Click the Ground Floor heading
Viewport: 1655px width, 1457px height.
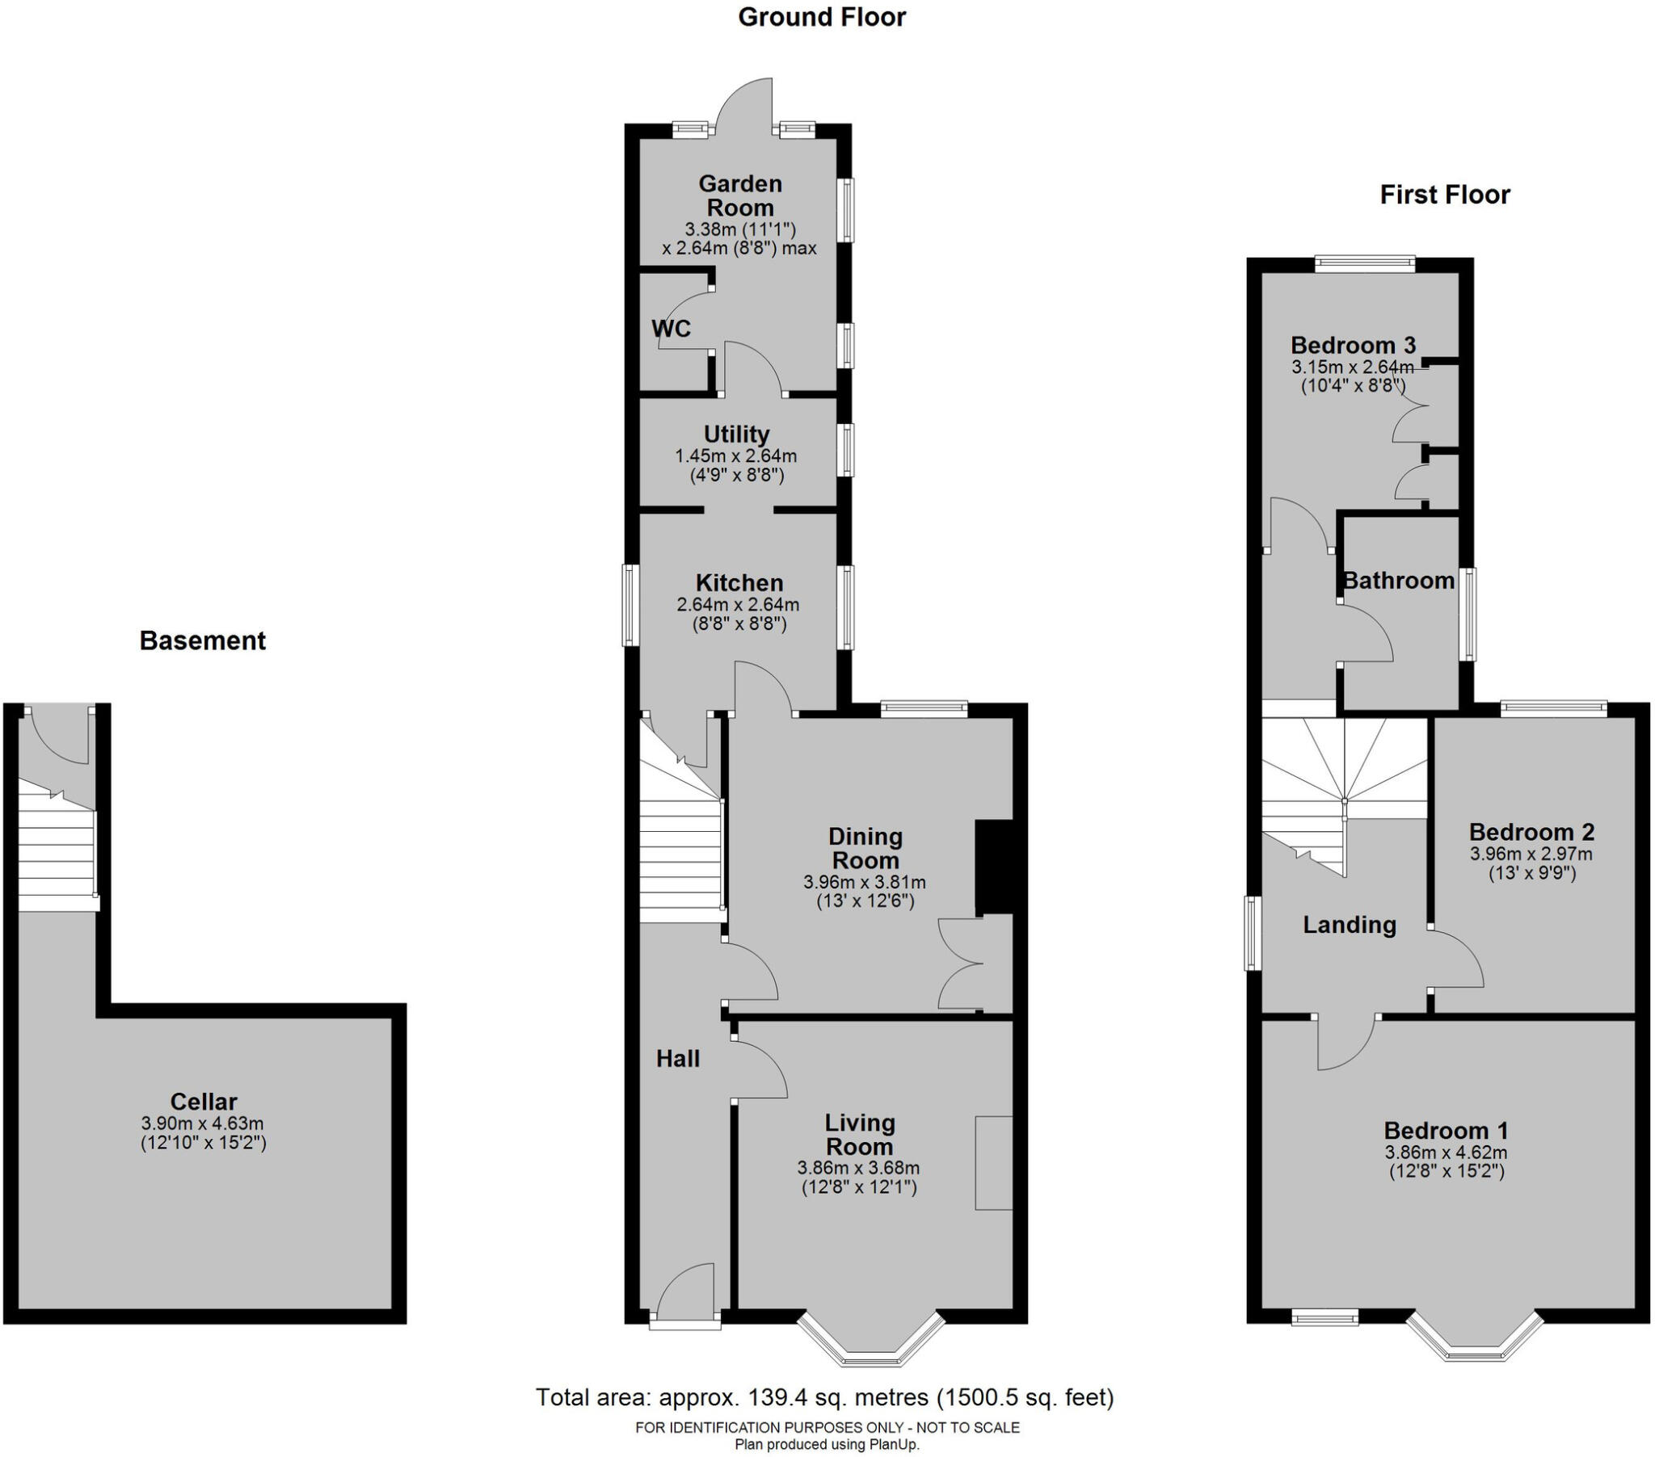click(821, 17)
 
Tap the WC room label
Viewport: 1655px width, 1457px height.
click(671, 328)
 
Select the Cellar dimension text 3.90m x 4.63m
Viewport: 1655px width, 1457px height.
click(202, 1123)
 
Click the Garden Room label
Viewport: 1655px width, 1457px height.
click(739, 195)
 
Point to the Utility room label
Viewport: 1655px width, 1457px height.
click(735, 434)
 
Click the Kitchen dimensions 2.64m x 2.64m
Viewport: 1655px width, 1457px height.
click(738, 605)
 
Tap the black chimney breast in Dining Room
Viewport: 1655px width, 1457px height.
click(993, 867)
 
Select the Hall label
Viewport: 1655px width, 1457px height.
click(677, 1058)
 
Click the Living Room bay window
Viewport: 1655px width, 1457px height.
click(871, 1351)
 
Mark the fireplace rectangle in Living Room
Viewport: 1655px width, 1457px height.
click(993, 1163)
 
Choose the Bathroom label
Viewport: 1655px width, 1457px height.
click(1398, 581)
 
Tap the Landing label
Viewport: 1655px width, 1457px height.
click(1349, 925)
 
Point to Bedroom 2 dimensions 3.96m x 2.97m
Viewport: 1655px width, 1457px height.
click(1531, 853)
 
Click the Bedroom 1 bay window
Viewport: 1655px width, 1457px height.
click(1475, 1351)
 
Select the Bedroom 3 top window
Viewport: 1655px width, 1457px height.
click(1364, 262)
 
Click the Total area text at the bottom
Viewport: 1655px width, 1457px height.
click(824, 1397)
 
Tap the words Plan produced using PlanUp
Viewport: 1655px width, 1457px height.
click(827, 1444)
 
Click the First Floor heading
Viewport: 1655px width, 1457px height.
click(1444, 195)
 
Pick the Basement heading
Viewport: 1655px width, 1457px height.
click(202, 640)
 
